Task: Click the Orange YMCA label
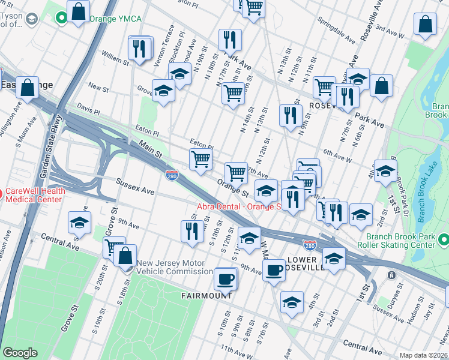(x=115, y=19)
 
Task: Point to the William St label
(x=115, y=58)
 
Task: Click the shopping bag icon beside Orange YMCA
(x=78, y=11)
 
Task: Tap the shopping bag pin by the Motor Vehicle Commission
(x=124, y=255)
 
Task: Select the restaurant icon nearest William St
(x=139, y=48)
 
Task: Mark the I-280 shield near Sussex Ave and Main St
(x=171, y=175)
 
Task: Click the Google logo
(x=20, y=353)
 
